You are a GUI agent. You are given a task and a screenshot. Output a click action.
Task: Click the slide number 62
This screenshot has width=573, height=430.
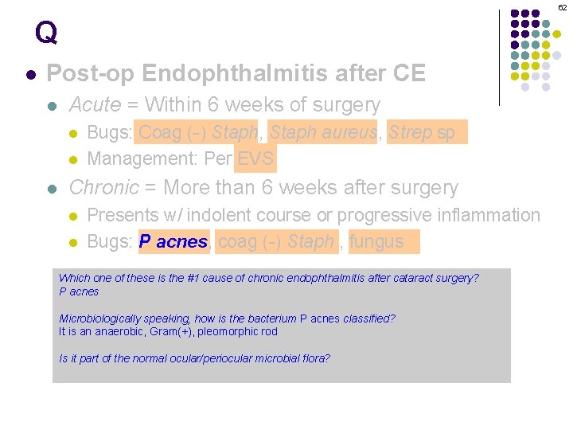[x=562, y=7]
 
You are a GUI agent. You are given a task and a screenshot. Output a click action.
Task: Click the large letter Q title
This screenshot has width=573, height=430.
[x=46, y=33]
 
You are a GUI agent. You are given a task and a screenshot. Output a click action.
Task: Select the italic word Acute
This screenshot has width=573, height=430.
[x=95, y=105]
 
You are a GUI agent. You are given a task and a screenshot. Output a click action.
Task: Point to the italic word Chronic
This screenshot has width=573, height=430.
[x=104, y=188]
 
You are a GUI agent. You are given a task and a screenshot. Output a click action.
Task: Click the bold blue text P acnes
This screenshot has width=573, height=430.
[x=173, y=242]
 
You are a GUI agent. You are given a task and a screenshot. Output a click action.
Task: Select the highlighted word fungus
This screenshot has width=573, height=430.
[x=376, y=241]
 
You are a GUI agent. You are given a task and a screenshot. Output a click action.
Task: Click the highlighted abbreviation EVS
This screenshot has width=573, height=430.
[x=255, y=158]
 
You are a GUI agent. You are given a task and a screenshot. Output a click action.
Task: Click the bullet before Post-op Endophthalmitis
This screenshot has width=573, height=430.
[x=30, y=75]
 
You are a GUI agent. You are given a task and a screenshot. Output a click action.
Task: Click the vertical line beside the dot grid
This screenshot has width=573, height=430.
[x=499, y=57]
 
